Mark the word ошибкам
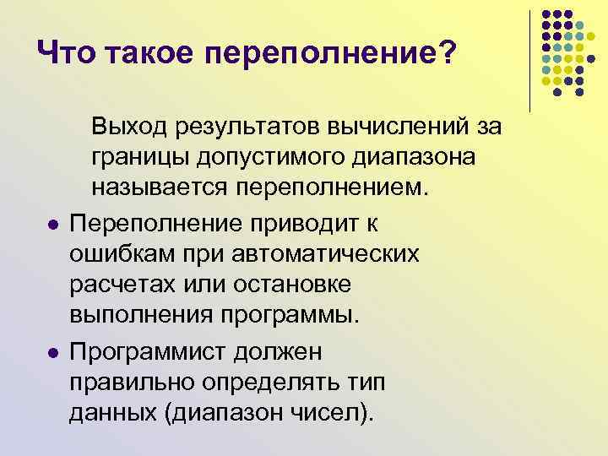(116, 254)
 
